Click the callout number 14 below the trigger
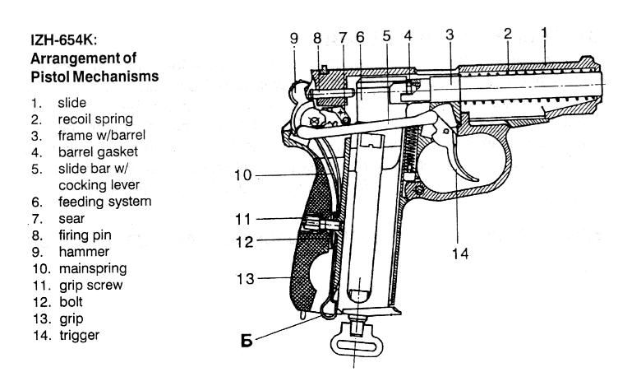pyautogui.click(x=460, y=253)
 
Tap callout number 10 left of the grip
pyautogui.click(x=242, y=175)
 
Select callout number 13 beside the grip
pyautogui.click(x=245, y=279)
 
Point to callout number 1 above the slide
pyautogui.click(x=544, y=33)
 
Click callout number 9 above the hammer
pyautogui.click(x=294, y=39)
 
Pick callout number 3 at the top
pyautogui.click(x=450, y=35)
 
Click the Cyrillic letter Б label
pyautogui.click(x=247, y=341)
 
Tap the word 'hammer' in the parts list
pyautogui.click(x=84, y=252)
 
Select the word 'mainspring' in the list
pyautogui.click(x=93, y=269)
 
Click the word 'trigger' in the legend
pyautogui.click(x=79, y=335)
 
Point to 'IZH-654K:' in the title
pyautogui.click(x=63, y=40)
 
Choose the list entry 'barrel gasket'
pyautogui.click(x=98, y=152)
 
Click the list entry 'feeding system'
pyautogui.click(x=105, y=202)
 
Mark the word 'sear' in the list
pyautogui.click(x=71, y=218)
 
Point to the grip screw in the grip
pyautogui.click(x=321, y=226)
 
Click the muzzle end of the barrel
pyautogui.click(x=601, y=84)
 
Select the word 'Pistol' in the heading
pyautogui.click(x=50, y=77)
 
